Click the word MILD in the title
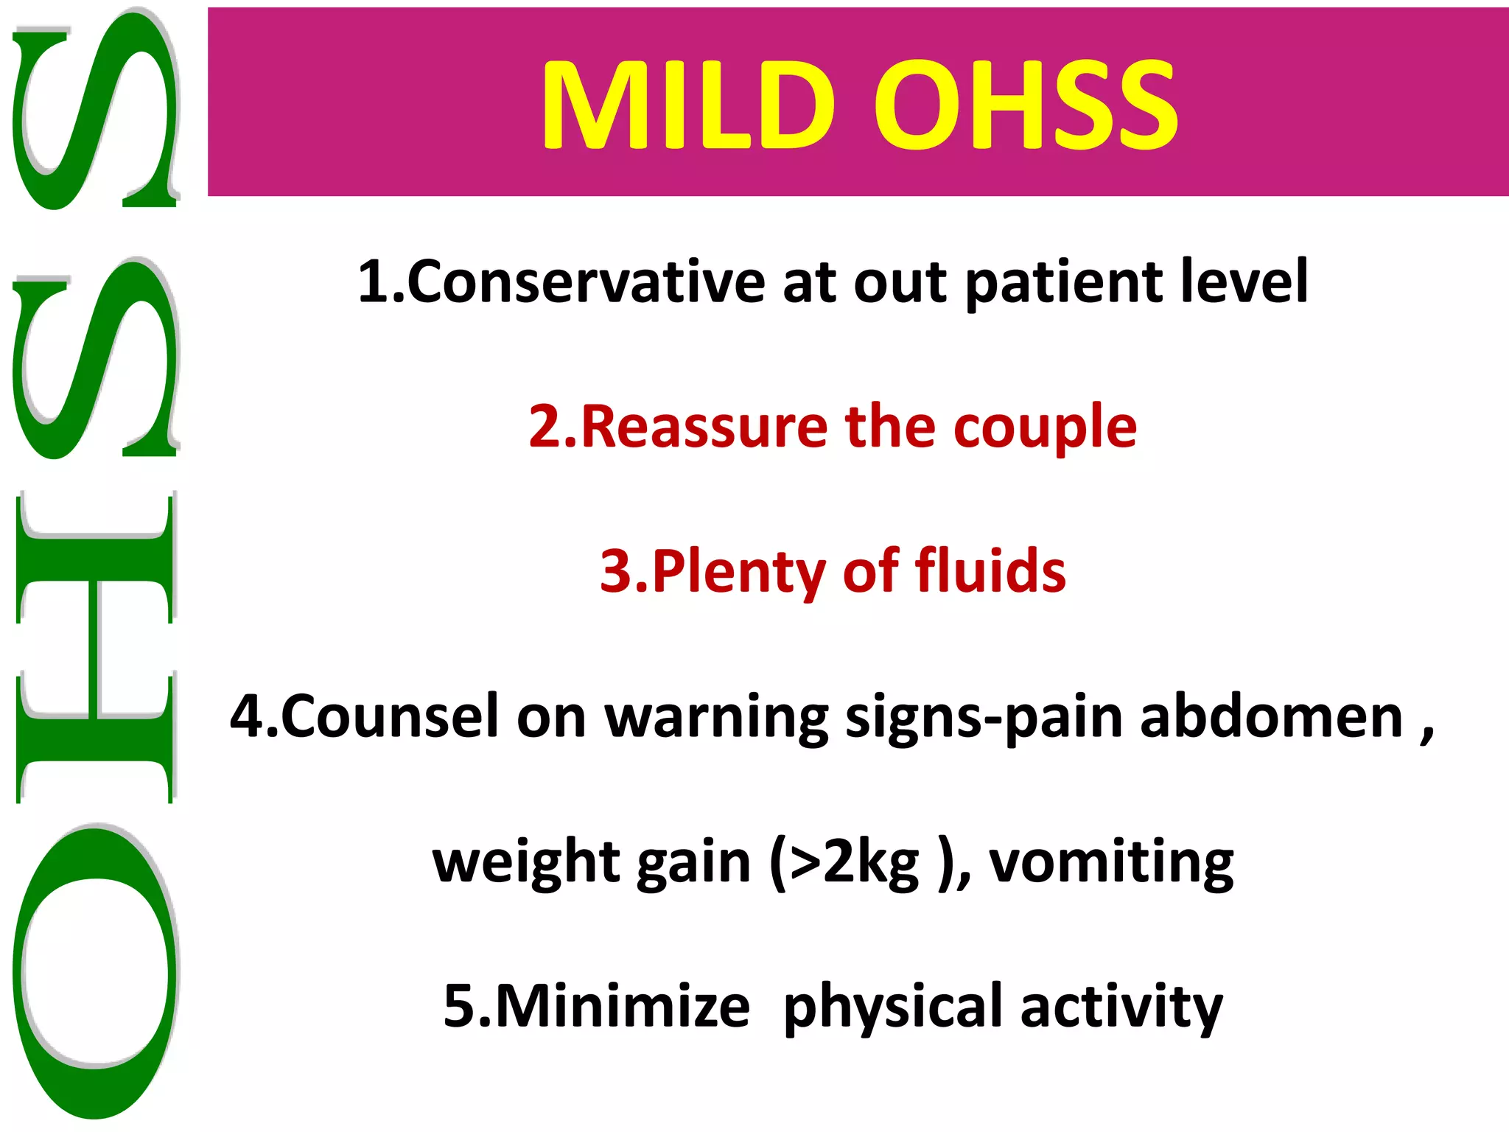(x=688, y=105)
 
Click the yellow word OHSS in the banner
(x=1026, y=105)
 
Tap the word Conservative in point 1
(x=586, y=282)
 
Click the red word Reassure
(x=704, y=427)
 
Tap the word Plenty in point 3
(x=738, y=573)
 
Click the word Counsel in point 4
(x=390, y=716)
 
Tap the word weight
(x=526, y=863)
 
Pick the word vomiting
(x=1111, y=862)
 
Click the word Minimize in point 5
(x=623, y=1006)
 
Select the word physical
(x=892, y=1007)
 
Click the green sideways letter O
(x=96, y=969)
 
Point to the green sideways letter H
(x=96, y=647)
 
